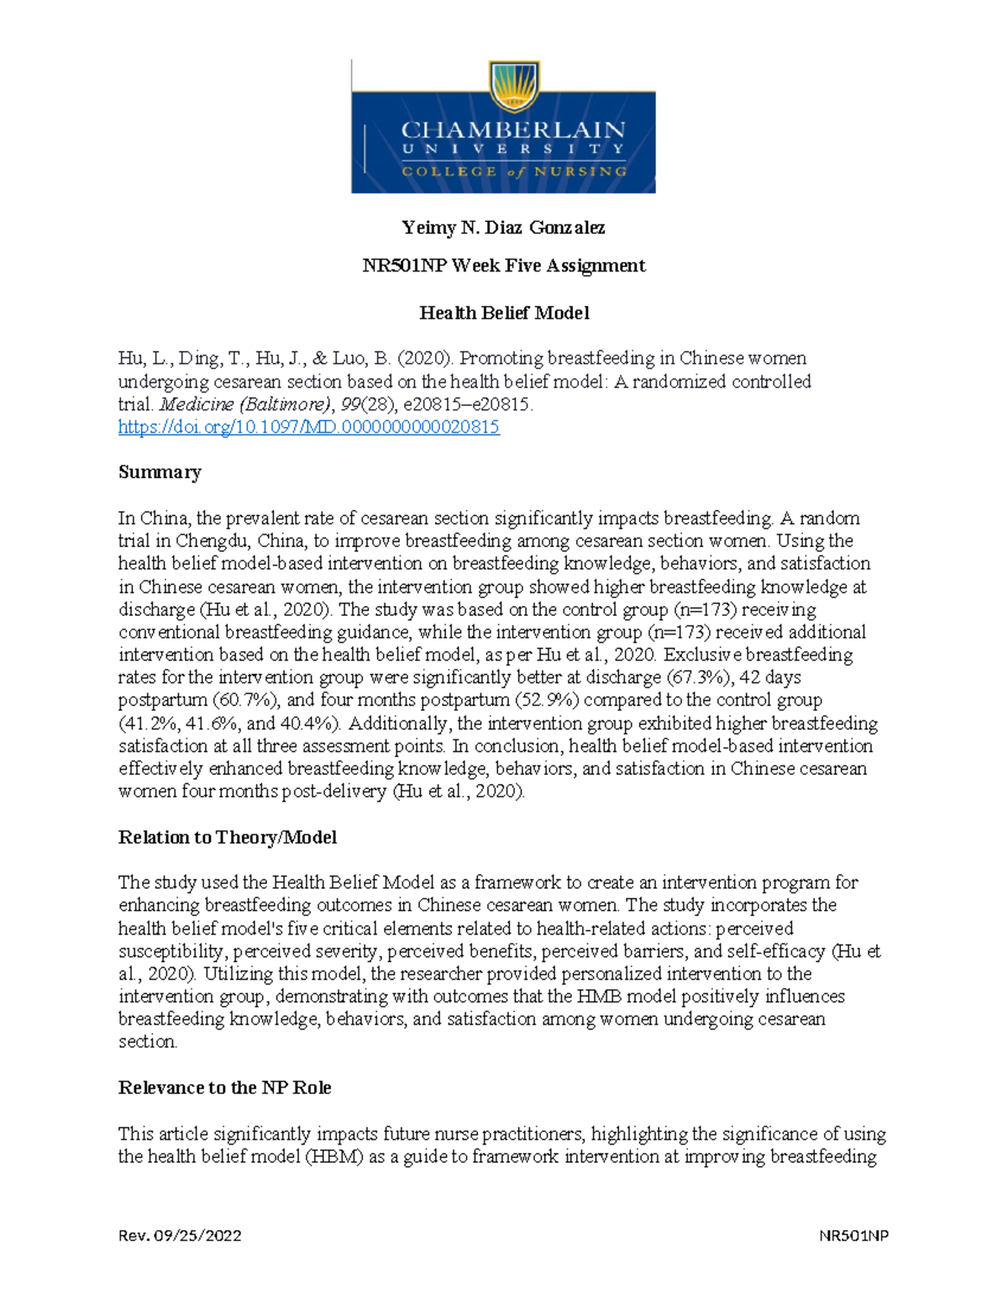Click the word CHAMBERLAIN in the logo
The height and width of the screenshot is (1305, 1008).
tap(512, 130)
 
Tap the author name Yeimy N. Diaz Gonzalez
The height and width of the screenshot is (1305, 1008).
tap(503, 228)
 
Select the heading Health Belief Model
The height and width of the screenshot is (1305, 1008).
tap(504, 313)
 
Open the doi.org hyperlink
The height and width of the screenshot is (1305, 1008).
tap(308, 428)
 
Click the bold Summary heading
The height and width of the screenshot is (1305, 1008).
tap(160, 472)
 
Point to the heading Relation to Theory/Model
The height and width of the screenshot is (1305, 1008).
tap(228, 838)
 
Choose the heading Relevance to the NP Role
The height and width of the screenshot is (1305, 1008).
tap(224, 1088)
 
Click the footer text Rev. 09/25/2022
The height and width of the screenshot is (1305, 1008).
tap(180, 1236)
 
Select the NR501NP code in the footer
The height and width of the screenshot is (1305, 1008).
tap(854, 1236)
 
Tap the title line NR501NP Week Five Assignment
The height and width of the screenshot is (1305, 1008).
tap(503, 266)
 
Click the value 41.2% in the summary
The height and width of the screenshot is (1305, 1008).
tap(150, 724)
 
